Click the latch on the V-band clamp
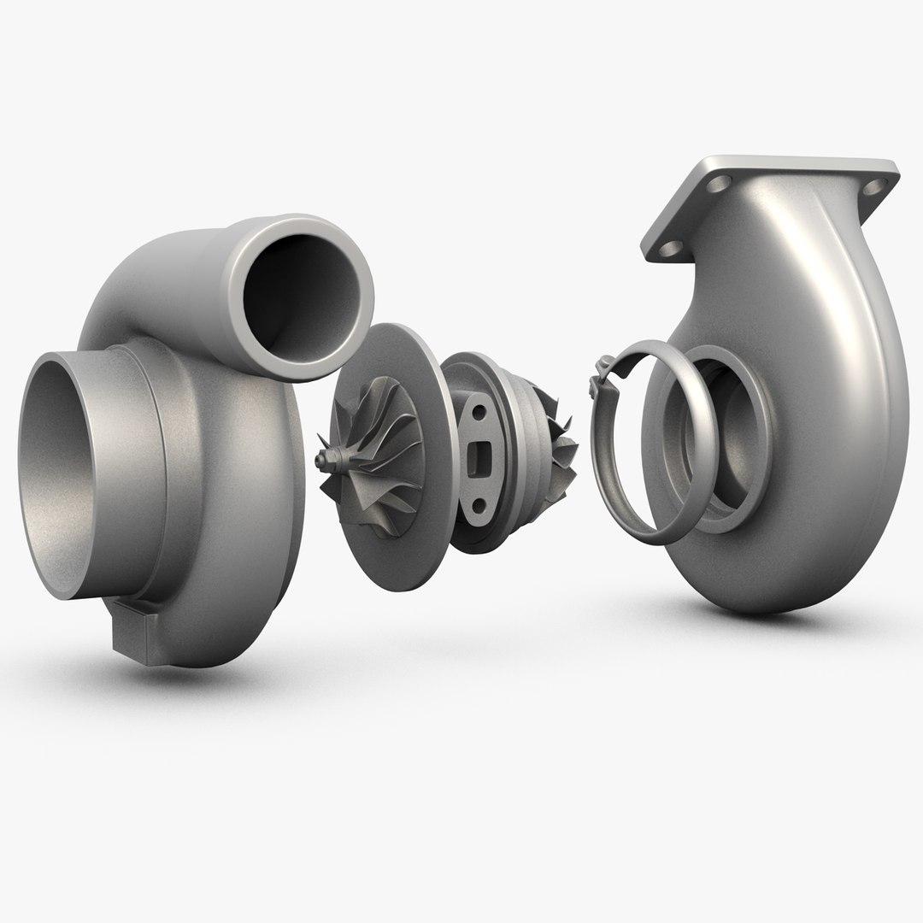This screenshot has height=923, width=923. coord(601,375)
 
